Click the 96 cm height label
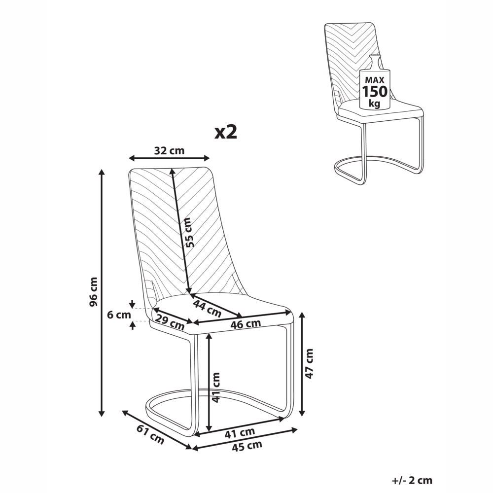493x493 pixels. click(x=94, y=291)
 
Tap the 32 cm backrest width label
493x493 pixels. click(x=169, y=150)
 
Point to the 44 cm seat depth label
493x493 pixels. click(x=208, y=308)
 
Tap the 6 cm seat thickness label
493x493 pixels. click(x=119, y=315)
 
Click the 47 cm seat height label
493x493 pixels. click(x=310, y=363)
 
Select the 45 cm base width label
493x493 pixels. click(x=247, y=446)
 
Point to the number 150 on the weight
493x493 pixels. click(x=375, y=92)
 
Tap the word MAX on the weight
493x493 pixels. click(x=375, y=80)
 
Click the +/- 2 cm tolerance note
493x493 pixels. click(x=412, y=480)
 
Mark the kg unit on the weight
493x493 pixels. click(x=375, y=103)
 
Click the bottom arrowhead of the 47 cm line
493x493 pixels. click(x=302, y=413)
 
